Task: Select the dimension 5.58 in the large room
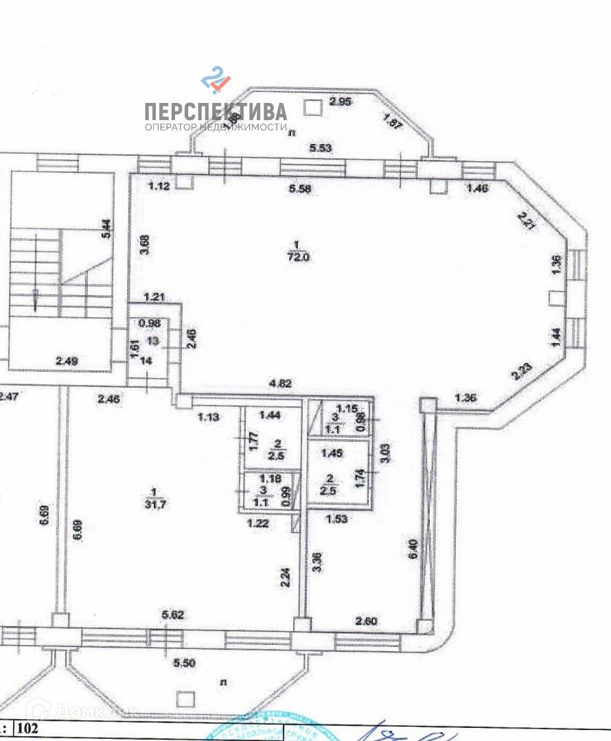(300, 189)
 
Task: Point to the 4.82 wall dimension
(280, 384)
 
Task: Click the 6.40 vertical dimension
(413, 548)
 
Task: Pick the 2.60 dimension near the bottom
(366, 621)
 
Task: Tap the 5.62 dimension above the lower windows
(173, 615)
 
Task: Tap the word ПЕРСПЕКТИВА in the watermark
(215, 111)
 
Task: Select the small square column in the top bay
(312, 106)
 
